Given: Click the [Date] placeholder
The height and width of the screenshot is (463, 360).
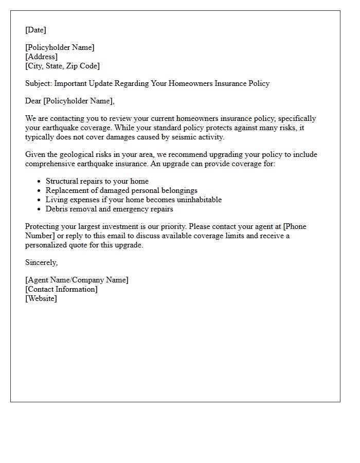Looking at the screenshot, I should coord(35,30).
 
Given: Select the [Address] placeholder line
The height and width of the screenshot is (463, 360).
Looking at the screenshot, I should coord(41,57).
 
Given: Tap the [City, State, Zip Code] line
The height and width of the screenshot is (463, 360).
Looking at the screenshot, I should coord(62,66).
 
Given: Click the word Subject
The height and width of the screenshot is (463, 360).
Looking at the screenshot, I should coord(38,83).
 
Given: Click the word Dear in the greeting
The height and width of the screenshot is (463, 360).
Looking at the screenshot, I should coord(33,101).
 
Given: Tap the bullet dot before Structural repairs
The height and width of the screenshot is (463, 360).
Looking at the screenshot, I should coord(39,182).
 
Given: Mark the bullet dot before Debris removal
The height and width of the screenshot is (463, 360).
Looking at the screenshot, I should coord(39,209).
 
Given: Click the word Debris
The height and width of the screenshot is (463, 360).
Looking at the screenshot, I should coord(57,209).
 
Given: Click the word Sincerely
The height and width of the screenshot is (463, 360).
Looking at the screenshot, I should coord(41,262).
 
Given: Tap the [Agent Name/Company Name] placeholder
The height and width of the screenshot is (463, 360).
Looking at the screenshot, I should coord(77,280).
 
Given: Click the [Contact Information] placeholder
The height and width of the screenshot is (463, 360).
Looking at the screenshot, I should coord(61,289).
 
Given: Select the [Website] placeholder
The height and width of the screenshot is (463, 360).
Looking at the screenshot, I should coord(41,298).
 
